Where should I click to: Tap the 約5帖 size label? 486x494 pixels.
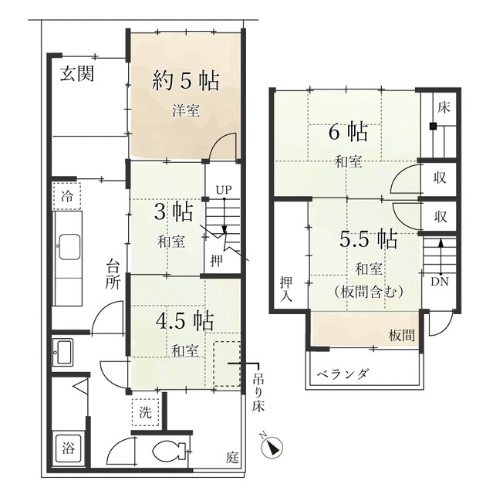[x=184, y=80]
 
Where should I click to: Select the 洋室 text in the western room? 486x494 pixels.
[x=185, y=110]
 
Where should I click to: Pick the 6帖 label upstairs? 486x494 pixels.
[x=348, y=132]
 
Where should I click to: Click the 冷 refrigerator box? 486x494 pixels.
[x=67, y=195]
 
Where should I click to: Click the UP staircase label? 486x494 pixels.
[x=224, y=190]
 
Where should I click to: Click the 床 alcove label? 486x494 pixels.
[x=443, y=108]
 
